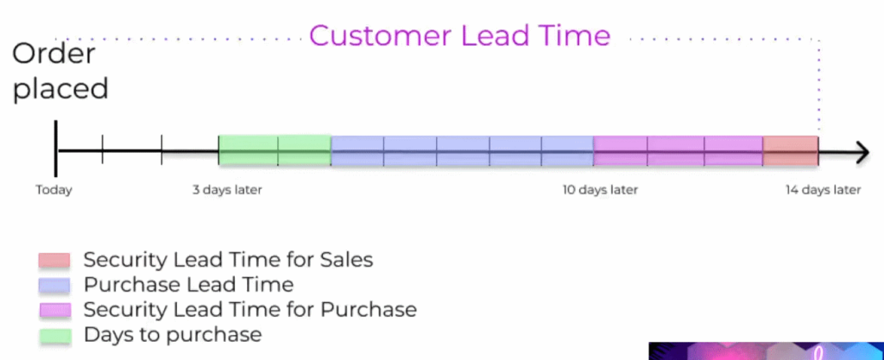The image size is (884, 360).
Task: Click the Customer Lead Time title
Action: click(x=459, y=35)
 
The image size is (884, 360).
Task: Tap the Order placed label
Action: click(x=60, y=72)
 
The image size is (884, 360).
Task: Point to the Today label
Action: click(x=54, y=190)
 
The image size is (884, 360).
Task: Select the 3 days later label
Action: click(x=227, y=190)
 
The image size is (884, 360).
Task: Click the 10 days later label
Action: click(x=600, y=190)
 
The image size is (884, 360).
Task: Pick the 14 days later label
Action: click(x=823, y=190)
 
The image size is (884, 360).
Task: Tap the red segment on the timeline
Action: click(x=791, y=151)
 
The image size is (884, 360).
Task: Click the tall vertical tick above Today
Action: click(x=56, y=148)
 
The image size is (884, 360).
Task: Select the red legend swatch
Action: click(x=54, y=260)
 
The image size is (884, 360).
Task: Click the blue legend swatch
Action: click(x=54, y=285)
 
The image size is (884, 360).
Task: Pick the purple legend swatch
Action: click(x=54, y=311)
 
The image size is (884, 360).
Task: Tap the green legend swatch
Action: click(x=55, y=336)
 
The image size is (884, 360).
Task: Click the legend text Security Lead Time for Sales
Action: click(x=228, y=260)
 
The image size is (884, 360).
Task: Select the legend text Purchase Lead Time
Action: click(x=188, y=285)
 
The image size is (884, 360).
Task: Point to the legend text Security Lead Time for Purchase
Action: click(x=250, y=309)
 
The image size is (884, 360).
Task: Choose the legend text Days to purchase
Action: click(x=173, y=335)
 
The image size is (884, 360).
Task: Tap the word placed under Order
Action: click(x=60, y=89)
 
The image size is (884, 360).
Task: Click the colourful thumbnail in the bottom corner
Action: click(x=767, y=351)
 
